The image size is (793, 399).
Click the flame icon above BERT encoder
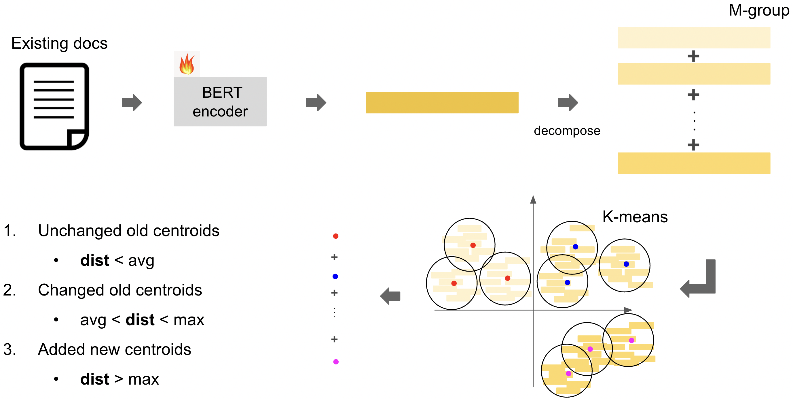tap(187, 64)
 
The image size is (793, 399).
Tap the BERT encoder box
tap(220, 102)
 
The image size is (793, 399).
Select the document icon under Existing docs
tap(54, 106)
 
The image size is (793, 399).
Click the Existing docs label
tap(59, 43)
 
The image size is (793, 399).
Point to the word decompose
tap(567, 131)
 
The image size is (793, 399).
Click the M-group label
tap(759, 10)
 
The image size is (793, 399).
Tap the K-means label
tap(635, 217)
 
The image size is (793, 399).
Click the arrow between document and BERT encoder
tap(132, 102)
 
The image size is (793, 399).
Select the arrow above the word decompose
tap(568, 102)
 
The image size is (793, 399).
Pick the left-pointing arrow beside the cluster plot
tap(390, 296)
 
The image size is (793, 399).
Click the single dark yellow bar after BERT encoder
tap(442, 103)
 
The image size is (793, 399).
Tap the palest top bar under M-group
tap(694, 37)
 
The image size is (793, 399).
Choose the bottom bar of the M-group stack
tap(694, 163)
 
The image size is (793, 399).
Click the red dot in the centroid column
tap(335, 236)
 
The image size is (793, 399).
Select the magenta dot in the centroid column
tap(336, 362)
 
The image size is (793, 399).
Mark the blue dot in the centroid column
tap(335, 276)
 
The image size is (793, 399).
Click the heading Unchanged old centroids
tap(129, 230)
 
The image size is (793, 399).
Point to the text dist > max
tap(119, 379)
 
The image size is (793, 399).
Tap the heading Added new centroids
tap(115, 349)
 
